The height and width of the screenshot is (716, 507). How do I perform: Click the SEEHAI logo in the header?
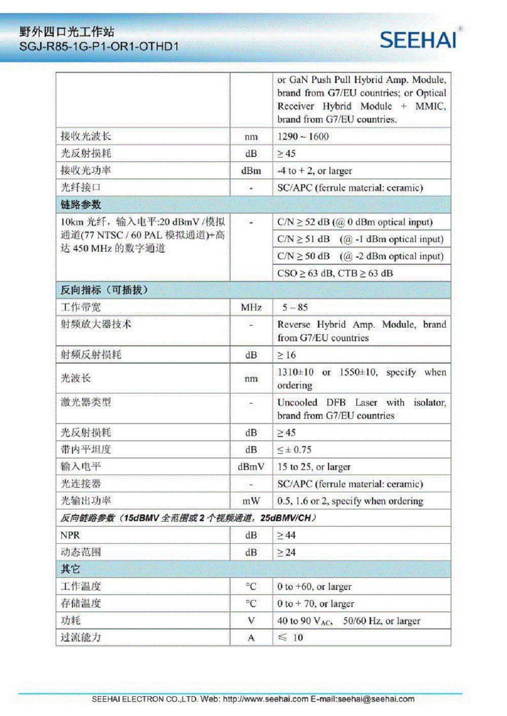coord(419,39)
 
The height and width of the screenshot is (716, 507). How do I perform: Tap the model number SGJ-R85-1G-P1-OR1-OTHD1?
coord(99,47)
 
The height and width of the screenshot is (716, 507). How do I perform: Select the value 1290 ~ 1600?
coord(303,137)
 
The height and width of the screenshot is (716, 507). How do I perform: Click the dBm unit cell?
coord(251,171)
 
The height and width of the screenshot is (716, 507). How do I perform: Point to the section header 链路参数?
coord(81,205)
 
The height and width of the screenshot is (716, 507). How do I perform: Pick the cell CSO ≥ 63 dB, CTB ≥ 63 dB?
coord(335,273)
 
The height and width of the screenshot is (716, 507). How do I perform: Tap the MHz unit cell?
coord(251,307)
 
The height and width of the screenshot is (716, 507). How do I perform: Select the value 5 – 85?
coord(295,307)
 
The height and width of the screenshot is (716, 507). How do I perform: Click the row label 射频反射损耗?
coord(91,355)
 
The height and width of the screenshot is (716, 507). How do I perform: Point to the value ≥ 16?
coord(286,355)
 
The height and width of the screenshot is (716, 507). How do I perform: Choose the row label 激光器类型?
coord(86,403)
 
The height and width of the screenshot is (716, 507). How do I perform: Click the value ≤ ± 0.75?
coord(294,450)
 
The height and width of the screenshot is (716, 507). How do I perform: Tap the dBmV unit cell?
coord(251,467)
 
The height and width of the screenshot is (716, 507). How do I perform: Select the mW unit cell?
coord(251,501)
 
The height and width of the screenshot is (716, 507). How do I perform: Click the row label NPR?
coord(70,535)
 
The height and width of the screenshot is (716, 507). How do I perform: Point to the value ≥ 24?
coord(286,552)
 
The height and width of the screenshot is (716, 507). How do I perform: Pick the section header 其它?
coord(70,569)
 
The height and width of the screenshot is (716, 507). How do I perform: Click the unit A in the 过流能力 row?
coord(251,638)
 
